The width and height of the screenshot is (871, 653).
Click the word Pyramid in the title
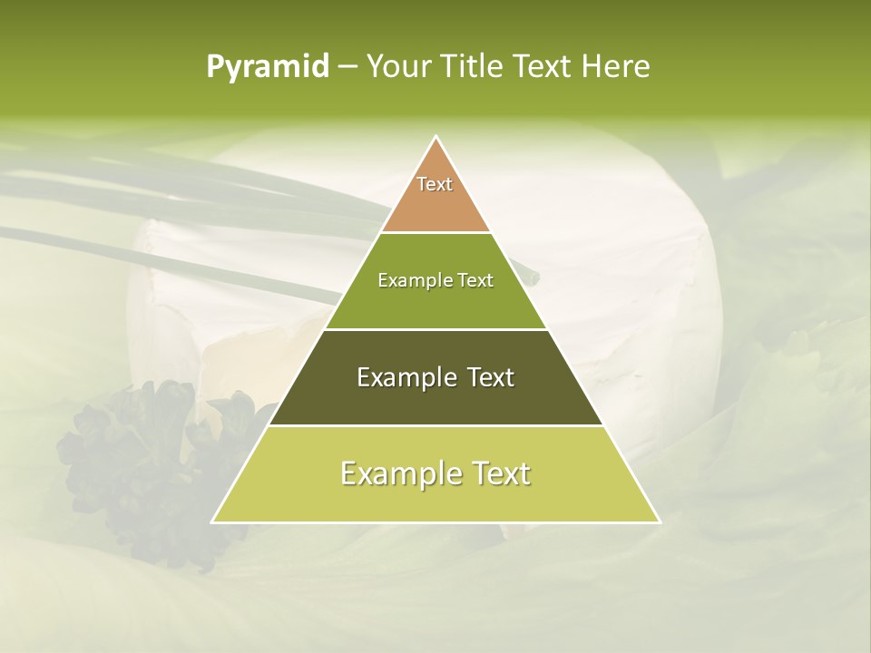coord(268,66)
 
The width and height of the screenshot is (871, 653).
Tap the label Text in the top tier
coord(435,184)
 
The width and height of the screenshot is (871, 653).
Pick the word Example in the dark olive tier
coord(405,377)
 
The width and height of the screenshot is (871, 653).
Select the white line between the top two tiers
coord(435,232)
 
